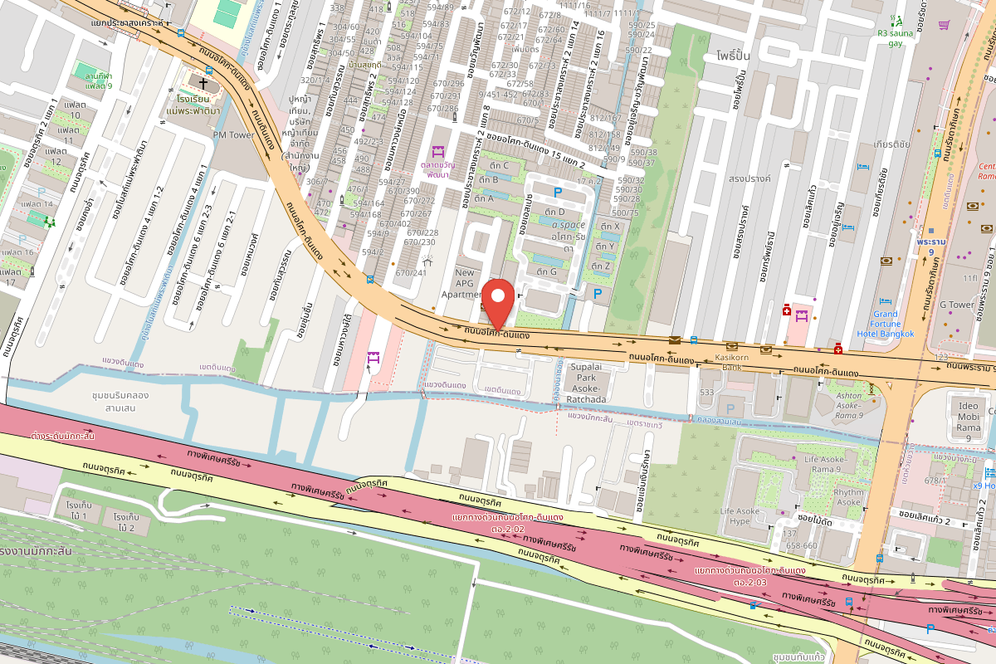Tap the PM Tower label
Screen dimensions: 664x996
click(x=233, y=134)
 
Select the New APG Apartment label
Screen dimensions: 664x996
click(x=465, y=283)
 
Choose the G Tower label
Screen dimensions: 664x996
click(x=956, y=305)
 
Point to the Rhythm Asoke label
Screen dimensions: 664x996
click(x=847, y=496)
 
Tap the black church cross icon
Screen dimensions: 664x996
click(x=203, y=84)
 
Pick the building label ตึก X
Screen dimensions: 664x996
click(x=610, y=226)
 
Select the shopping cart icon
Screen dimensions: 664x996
click(x=944, y=25)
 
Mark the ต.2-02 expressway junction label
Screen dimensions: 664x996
click(x=508, y=529)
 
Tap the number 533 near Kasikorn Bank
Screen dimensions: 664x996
click(x=707, y=392)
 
